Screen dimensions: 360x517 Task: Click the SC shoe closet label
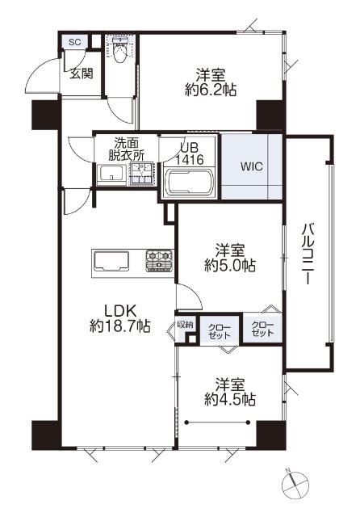[75, 42]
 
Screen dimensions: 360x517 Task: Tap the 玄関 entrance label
[81, 74]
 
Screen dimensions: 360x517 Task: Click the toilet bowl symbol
[120, 50]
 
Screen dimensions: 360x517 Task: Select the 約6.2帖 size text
[211, 89]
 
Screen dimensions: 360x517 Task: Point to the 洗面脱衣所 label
[126, 149]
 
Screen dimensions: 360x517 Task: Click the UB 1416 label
[190, 154]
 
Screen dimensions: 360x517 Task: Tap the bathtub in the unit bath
[190, 183]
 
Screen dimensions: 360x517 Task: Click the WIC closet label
[252, 166]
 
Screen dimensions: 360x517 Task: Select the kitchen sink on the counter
[111, 261]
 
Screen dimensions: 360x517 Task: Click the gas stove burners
[159, 260]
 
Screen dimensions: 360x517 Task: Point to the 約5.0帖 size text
[230, 265]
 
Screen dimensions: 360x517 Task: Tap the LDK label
[120, 310]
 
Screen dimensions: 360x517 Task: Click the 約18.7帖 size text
[120, 326]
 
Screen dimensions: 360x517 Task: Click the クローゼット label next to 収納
[220, 331]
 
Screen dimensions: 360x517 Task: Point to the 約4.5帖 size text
[230, 400]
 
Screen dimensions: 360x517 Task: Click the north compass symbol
[295, 484]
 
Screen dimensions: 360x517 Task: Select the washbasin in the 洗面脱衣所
[112, 173]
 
